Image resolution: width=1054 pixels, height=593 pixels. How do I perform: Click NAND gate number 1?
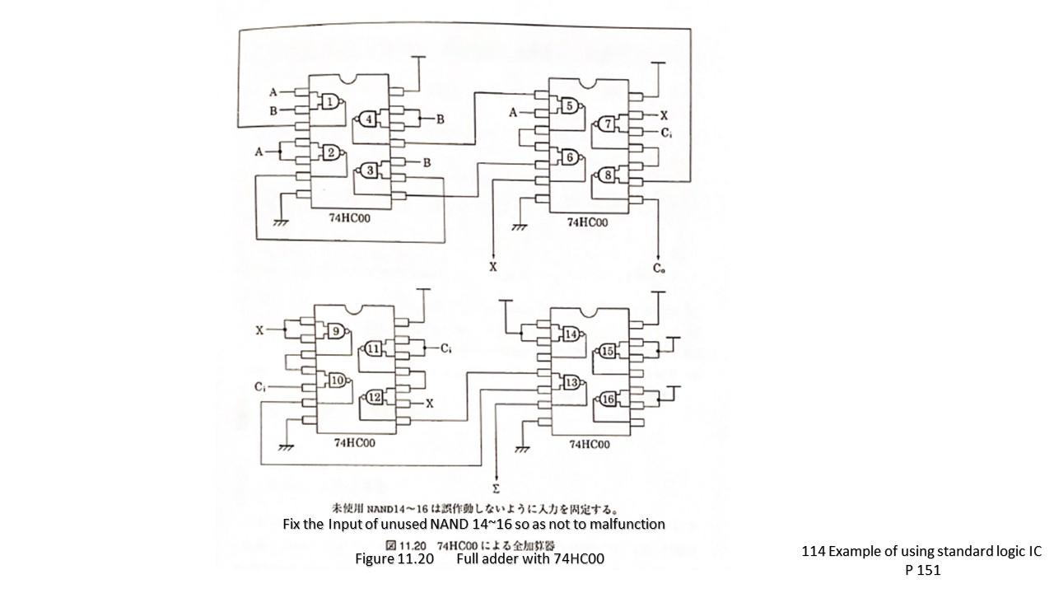[330, 102]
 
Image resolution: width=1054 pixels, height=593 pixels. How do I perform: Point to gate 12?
[375, 398]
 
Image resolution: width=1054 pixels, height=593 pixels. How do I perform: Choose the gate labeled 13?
[571, 382]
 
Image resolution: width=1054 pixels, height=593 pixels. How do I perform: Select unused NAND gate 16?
[609, 399]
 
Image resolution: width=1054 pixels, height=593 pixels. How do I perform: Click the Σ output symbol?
[496, 488]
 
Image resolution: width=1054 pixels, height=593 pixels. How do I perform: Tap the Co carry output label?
[660, 268]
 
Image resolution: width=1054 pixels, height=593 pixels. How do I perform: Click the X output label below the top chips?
[493, 268]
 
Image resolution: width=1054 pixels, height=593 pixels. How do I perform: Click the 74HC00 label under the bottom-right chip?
[589, 444]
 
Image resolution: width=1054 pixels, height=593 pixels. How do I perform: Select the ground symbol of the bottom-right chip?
[520, 449]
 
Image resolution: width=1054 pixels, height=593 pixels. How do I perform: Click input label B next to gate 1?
[273, 110]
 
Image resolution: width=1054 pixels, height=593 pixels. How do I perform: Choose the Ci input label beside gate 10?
[260, 386]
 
